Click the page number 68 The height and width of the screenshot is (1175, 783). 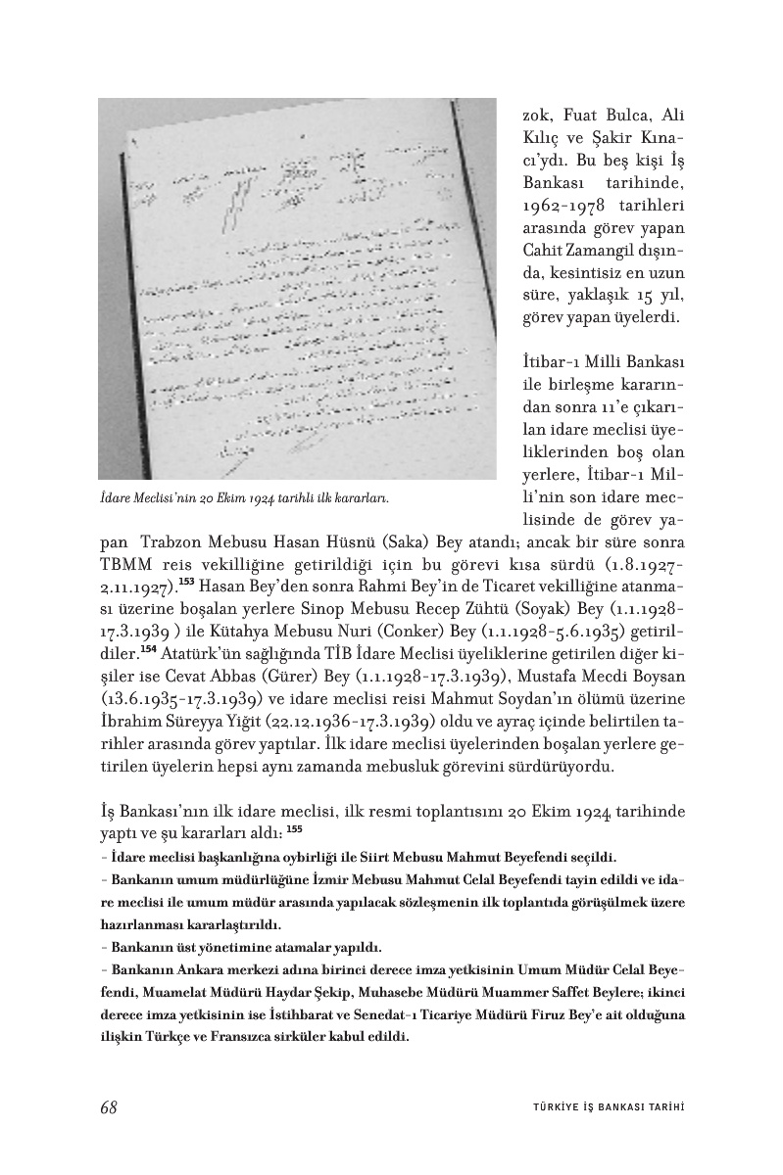coord(109,1106)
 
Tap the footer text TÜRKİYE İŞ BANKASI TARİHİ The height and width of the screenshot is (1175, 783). coord(602,1107)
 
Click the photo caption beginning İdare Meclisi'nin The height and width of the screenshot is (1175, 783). coord(244,497)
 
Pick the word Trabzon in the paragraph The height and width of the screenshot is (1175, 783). coord(171,543)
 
